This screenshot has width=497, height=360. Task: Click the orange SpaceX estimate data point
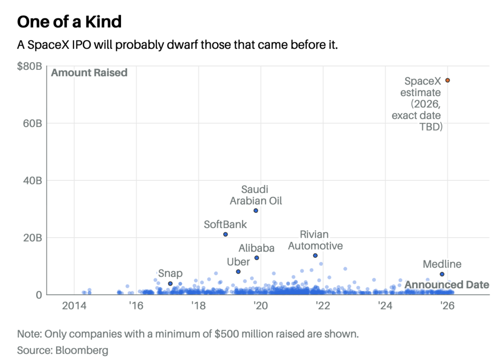point(448,80)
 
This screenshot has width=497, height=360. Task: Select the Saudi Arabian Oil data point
point(256,211)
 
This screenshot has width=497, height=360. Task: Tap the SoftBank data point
point(225,234)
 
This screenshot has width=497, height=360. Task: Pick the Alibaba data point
point(257,258)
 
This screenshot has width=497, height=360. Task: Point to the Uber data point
point(238,272)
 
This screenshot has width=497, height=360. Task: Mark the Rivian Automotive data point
point(315,256)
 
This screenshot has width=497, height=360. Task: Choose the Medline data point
point(442,274)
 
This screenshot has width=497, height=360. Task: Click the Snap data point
point(170,284)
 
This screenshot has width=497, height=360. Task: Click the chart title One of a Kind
point(69,22)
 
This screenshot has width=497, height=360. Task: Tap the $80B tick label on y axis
point(29,66)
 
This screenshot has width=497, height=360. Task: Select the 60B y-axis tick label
point(32,124)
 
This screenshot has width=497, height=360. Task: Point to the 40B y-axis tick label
point(32,181)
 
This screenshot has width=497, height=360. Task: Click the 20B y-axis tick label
point(32,237)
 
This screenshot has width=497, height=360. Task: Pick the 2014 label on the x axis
point(74,306)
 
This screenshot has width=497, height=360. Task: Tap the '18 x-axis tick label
point(198,306)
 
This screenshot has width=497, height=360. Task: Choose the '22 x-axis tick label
point(323,306)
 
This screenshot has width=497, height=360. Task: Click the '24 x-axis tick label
point(385,306)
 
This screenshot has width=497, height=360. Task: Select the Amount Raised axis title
point(89,73)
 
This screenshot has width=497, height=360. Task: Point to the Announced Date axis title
point(447,285)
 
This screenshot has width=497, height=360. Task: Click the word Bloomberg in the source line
point(82,350)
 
